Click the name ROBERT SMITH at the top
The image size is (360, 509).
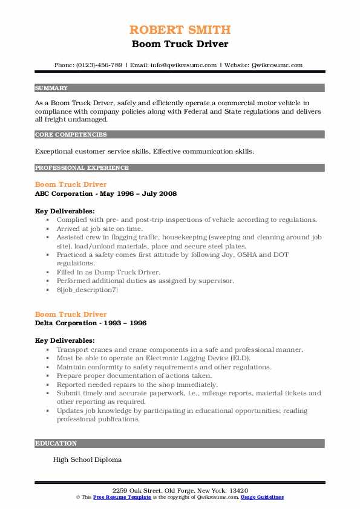180,30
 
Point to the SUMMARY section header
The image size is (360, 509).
51,88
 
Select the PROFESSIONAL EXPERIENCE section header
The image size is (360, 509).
82,167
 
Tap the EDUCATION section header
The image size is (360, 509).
56,443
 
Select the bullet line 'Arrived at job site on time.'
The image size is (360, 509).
100,229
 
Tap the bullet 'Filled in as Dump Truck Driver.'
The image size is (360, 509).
109,272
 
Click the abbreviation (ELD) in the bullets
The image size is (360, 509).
241,358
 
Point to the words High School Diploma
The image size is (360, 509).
87,459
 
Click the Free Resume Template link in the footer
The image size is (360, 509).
122,497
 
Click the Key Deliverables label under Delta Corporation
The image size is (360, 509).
65,341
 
